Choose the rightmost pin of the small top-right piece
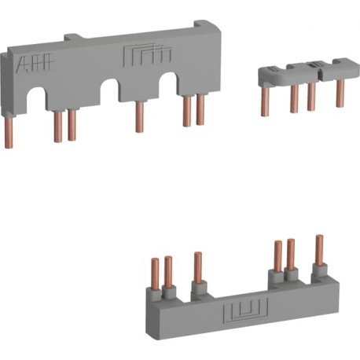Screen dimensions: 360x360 click(340, 93)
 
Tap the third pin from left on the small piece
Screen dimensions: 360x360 click(311, 95)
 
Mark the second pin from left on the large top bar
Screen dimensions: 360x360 click(58, 126)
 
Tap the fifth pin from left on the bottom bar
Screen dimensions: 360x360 click(291, 254)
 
